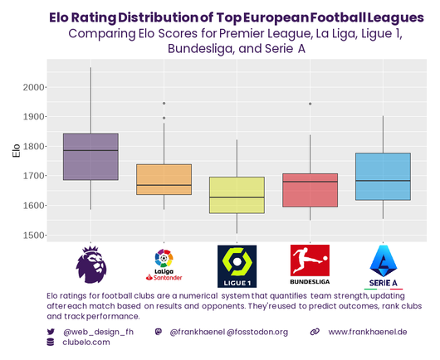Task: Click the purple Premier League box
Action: pos(90,157)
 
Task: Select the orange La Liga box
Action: pos(164,179)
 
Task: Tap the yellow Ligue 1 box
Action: pos(237,195)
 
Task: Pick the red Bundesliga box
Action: pos(310,190)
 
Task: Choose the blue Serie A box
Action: pos(383,176)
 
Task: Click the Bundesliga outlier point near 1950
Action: pos(310,104)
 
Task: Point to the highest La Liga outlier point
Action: pos(164,104)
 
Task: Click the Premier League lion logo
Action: pos(90,264)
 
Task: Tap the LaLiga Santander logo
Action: pos(164,264)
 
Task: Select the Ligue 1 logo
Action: pos(237,265)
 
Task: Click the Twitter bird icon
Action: pos(51,332)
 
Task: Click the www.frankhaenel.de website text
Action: pos(367,332)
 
